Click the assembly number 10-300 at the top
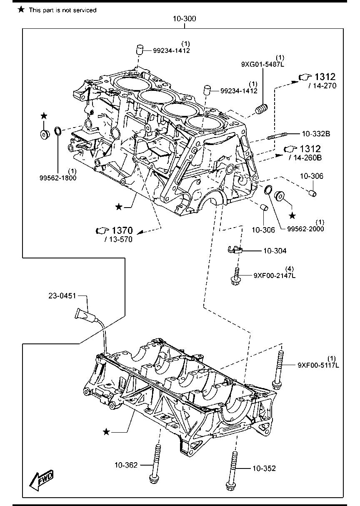click(x=185, y=19)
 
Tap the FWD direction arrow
click(x=41, y=481)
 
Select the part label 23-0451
click(x=62, y=296)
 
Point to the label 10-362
click(x=127, y=464)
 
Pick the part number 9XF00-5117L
click(x=318, y=365)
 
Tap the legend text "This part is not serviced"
click(x=62, y=10)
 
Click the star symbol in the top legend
click(x=21, y=9)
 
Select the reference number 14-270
click(x=322, y=86)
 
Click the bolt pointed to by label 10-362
click(x=156, y=465)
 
